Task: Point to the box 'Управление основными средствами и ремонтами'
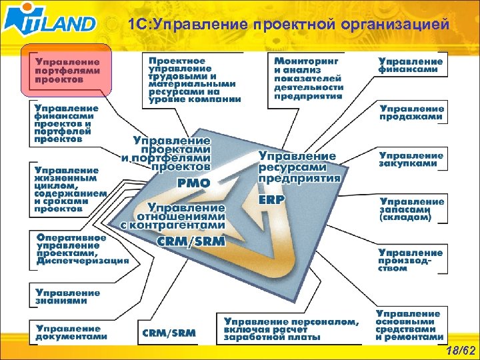(409, 325)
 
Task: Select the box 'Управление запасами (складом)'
(411, 209)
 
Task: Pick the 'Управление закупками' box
(411, 159)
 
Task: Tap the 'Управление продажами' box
(411, 113)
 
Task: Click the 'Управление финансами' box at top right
(411, 65)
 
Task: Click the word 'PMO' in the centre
(193, 181)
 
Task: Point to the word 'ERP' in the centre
(271, 199)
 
